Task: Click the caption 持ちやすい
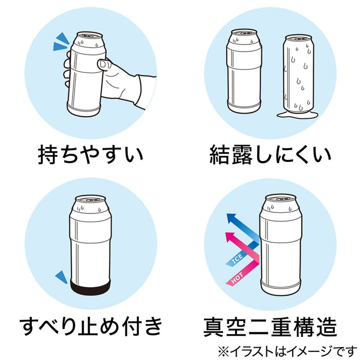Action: (91, 154)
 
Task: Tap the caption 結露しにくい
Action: (270, 154)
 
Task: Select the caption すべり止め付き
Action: (91, 326)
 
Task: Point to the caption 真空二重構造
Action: (270, 327)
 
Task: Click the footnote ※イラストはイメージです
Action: (288, 351)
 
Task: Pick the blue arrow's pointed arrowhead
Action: (231, 218)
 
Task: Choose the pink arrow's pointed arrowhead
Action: (230, 237)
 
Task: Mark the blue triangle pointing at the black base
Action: (62, 277)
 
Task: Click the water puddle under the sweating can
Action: (298, 114)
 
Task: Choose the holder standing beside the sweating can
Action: (244, 71)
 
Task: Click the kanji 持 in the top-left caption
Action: (47, 154)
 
